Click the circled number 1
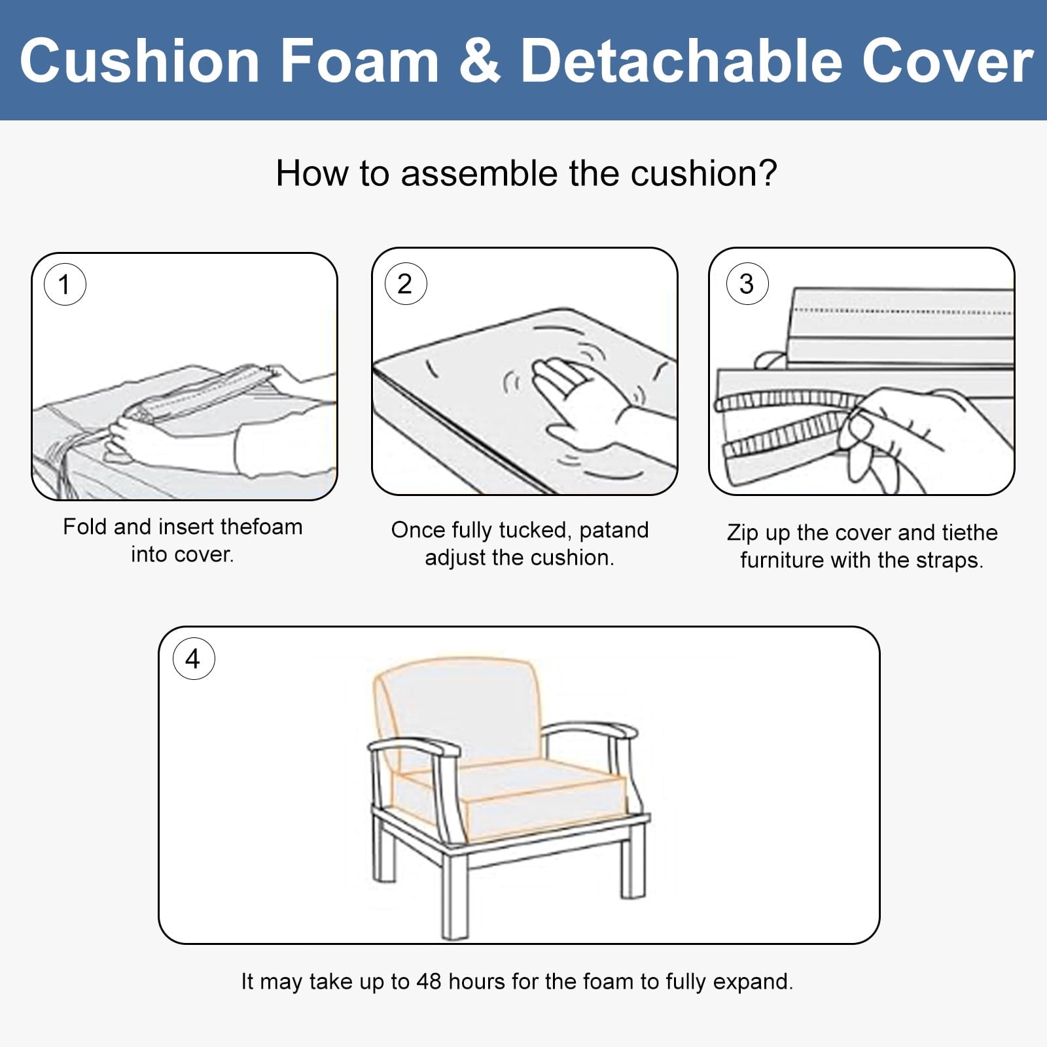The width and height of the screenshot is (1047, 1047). (64, 285)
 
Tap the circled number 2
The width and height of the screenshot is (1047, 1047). (405, 284)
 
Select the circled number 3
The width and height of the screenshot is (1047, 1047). (746, 284)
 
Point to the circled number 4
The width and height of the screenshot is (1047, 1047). (193, 659)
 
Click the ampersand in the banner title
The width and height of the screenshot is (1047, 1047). (480, 61)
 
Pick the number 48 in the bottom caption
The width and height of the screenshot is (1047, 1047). (429, 982)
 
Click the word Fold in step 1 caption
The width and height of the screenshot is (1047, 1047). (85, 527)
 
